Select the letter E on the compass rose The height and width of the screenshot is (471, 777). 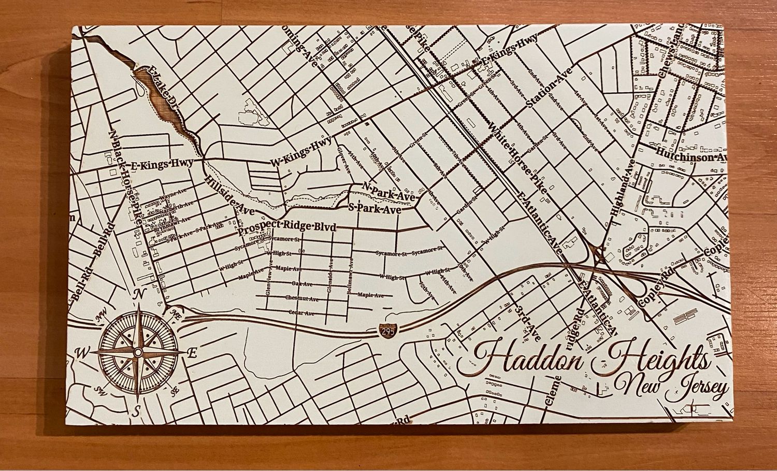191,354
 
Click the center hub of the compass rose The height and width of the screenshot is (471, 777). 138,352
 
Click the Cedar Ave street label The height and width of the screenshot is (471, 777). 302,313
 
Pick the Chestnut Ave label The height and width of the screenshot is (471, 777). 300,298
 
